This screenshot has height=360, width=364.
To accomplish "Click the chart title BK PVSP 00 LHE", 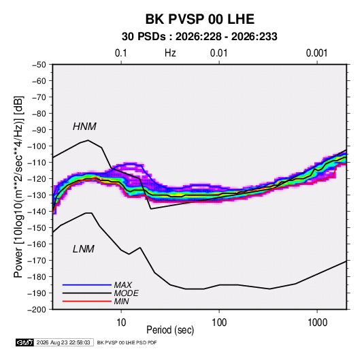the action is pos(199,19).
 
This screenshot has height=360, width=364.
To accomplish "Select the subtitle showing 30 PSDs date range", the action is pos(199,37).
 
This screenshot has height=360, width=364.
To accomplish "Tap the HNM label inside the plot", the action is pos(84,127).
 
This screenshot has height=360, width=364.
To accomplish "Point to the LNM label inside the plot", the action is pos(84,249).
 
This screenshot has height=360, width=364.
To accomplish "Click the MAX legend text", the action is pos(122,284).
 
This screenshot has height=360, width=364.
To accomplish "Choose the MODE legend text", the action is pos(126,293).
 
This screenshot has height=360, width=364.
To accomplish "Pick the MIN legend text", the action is pos(121,301).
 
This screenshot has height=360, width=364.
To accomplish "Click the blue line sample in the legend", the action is pos(87,284).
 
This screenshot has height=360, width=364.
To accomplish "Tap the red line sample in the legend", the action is pos(87,301).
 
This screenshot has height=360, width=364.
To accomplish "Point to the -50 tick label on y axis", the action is pos(39,65).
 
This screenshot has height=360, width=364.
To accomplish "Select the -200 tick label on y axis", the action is pos(37,310).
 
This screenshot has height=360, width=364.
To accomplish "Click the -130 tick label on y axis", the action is pos(37,195).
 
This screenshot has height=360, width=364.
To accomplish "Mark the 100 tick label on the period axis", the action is pos(219,323).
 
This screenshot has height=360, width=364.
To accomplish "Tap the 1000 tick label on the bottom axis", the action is pos(317,323).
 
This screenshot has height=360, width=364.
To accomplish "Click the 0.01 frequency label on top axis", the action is pos(218,53).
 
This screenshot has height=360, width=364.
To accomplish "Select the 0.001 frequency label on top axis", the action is pos(316,53).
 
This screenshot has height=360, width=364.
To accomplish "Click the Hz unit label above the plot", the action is pos(170,53).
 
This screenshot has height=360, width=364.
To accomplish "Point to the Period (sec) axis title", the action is pos(170,330).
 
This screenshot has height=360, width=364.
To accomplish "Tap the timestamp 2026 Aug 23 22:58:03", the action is pos(63,342).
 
